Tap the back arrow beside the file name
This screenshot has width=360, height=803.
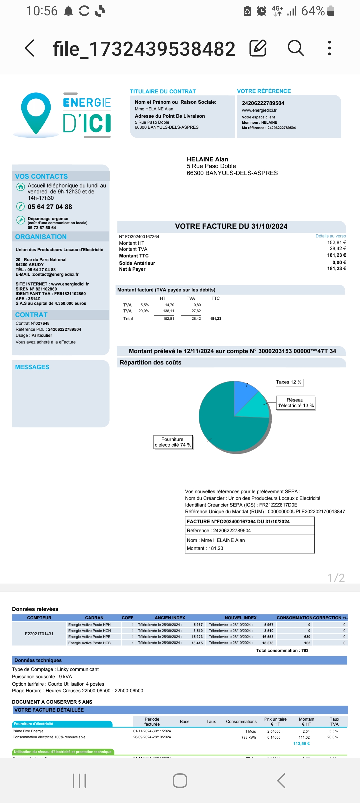coord(30,48)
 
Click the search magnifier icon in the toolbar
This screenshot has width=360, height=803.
coord(296,48)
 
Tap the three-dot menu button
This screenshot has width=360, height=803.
coord(329,48)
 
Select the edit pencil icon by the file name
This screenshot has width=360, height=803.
coord(258,48)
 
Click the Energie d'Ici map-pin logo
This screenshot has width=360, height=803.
coord(36,113)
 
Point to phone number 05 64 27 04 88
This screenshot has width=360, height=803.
coord(50,207)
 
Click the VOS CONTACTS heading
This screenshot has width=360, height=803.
coord(41,176)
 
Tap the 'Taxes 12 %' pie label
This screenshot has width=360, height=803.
coord(289,382)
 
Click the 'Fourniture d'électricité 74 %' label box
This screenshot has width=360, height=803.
coord(173,442)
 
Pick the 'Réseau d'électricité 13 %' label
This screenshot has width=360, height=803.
coord(295,403)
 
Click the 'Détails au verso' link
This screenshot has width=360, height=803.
coord(331,236)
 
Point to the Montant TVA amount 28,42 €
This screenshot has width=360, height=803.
coord(338,249)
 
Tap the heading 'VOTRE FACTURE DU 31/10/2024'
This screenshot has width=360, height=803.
coord(231,226)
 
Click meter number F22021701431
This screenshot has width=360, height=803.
coord(39,634)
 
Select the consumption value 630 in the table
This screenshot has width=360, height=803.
coord(307,637)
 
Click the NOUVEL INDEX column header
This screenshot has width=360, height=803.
coord(240,618)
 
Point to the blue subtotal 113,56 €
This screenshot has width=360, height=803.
coord(301,744)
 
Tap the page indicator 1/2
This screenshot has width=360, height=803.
coord(336,578)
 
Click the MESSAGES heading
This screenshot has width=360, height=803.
coord(32,367)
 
